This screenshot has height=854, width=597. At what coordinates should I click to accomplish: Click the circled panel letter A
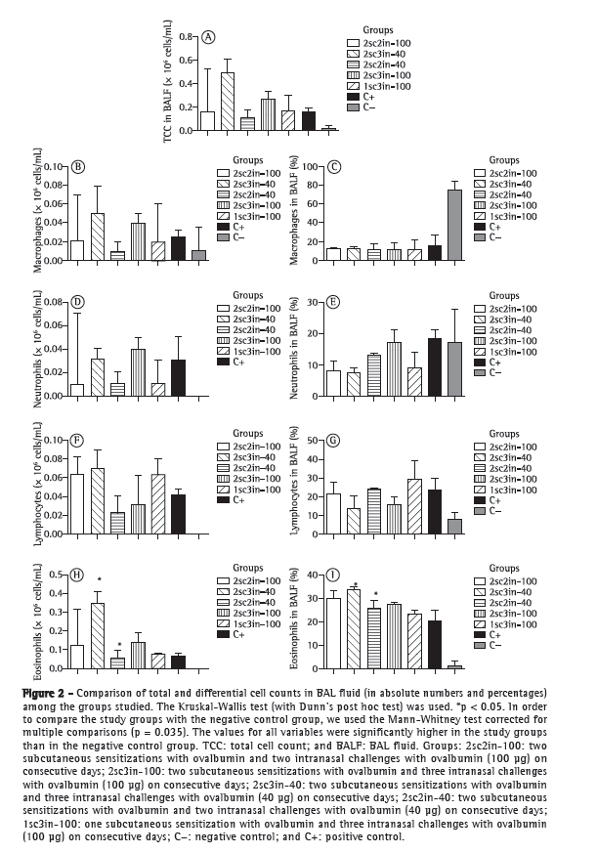coord(209,38)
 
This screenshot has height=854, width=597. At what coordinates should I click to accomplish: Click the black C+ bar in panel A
coord(309,120)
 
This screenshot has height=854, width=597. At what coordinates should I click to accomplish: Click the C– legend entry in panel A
coord(370,106)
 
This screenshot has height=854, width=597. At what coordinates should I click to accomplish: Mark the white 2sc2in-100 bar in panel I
coord(334,632)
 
